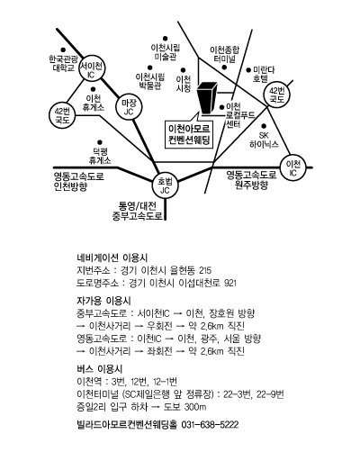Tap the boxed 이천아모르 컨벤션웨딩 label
(x=189, y=134)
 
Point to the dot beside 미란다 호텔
(x=248, y=70)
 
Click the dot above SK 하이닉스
(x=264, y=126)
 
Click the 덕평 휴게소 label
(x=100, y=156)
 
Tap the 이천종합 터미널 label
(x=225, y=54)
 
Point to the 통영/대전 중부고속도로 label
(x=138, y=211)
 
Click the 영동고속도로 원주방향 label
(x=251, y=179)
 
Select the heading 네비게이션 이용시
(x=112, y=258)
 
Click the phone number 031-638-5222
(x=210, y=425)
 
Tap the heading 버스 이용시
(x=100, y=369)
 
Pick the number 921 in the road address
(x=230, y=283)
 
